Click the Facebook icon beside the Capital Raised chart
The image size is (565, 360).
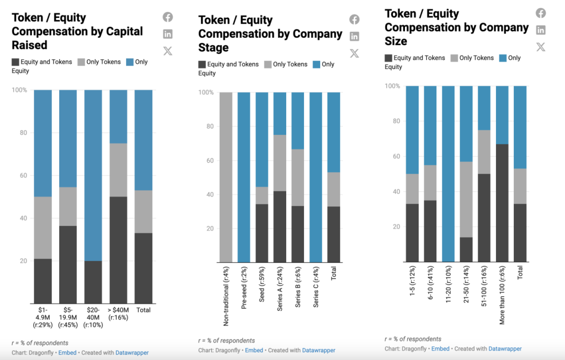point(167,17)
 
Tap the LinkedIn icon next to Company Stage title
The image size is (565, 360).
point(354,36)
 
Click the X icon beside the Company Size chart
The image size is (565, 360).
point(540,47)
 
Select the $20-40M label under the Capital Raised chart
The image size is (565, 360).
point(93,317)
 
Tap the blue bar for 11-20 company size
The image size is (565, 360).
point(448,173)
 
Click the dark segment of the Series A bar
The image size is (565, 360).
point(280,227)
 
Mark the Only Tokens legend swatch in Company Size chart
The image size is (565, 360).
point(454,58)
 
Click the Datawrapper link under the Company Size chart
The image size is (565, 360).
point(505,348)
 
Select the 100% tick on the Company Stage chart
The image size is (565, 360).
point(207,93)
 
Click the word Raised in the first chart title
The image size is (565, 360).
point(29,45)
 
